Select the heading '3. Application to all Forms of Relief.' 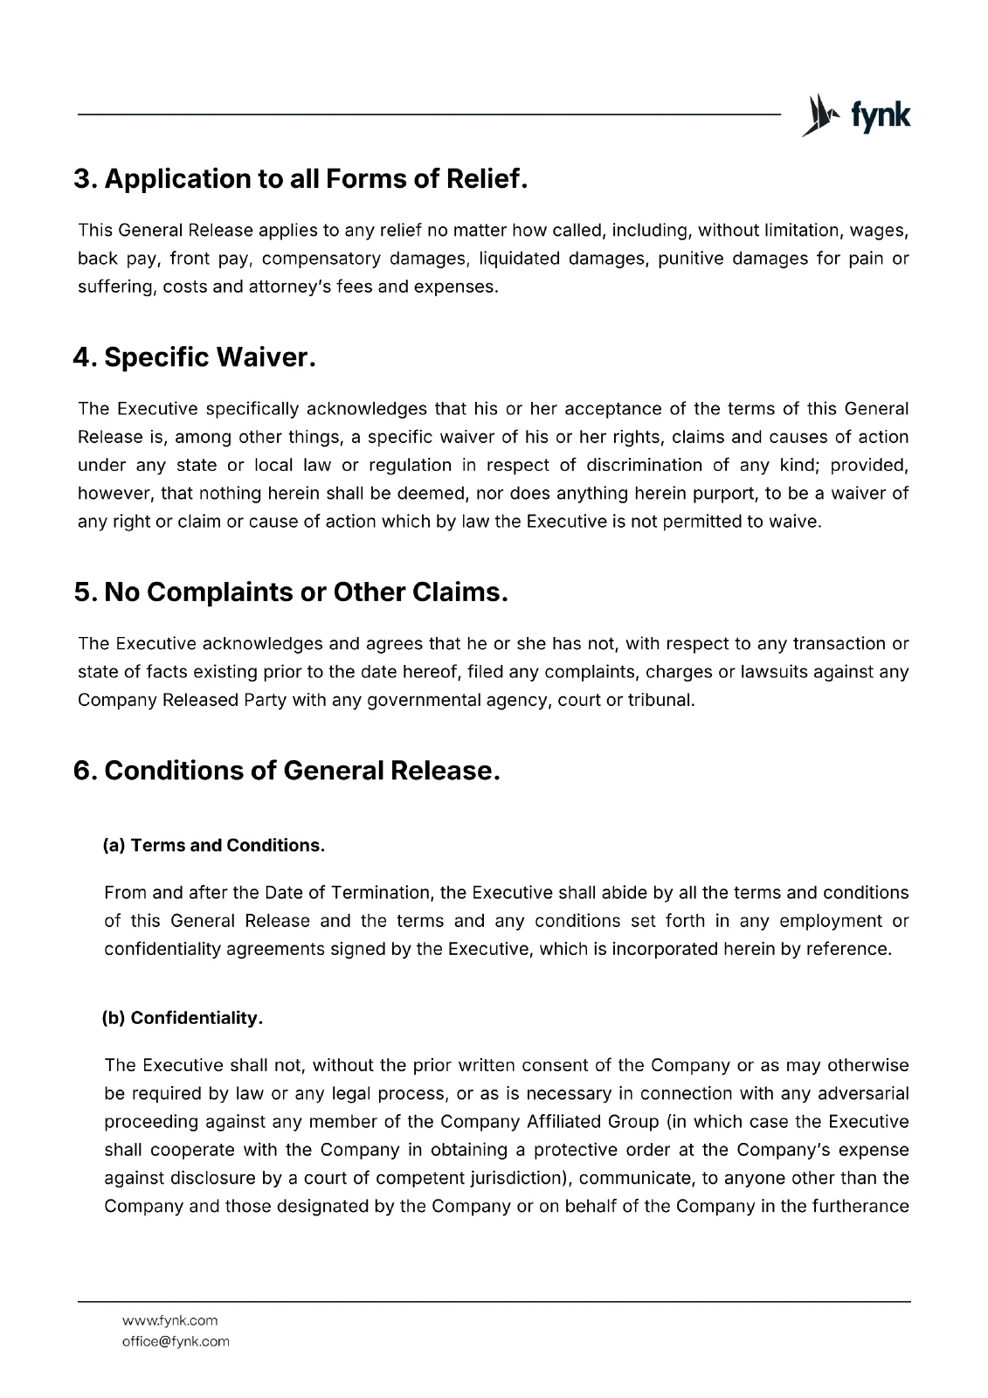(301, 179)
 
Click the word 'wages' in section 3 (881, 231)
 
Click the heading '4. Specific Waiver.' (194, 357)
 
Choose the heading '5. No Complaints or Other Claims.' (291, 592)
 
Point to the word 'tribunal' (661, 700)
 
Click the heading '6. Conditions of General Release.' (287, 771)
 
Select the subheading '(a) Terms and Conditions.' (214, 846)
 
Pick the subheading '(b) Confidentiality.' (183, 1018)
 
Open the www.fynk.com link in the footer (169, 1320)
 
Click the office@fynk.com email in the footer (176, 1341)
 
